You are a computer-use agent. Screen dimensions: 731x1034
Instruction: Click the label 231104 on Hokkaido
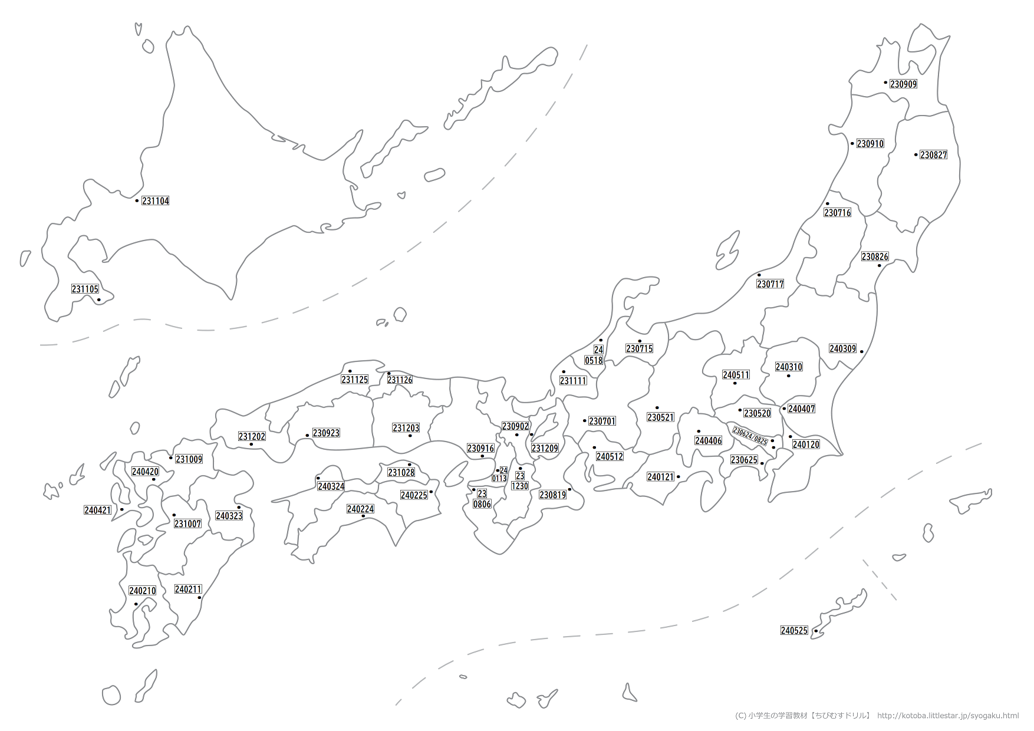click(x=156, y=201)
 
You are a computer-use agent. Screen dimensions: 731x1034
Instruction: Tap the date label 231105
click(x=85, y=289)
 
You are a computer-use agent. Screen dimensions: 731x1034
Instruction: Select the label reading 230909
click(x=903, y=84)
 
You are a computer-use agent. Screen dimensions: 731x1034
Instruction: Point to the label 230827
click(x=933, y=155)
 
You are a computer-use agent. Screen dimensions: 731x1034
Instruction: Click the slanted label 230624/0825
click(x=750, y=436)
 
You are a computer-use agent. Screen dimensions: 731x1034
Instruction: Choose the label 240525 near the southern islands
click(x=794, y=631)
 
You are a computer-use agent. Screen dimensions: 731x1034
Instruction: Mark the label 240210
click(x=143, y=591)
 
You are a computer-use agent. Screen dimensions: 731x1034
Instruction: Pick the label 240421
click(x=98, y=511)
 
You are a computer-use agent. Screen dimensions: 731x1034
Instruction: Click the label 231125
click(x=355, y=380)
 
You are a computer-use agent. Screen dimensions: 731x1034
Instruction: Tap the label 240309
click(x=842, y=349)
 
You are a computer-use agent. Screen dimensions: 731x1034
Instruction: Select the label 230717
click(x=770, y=284)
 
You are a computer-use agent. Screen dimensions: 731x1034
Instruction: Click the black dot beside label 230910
click(x=852, y=143)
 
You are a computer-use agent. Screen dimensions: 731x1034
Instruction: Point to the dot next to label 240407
click(x=784, y=409)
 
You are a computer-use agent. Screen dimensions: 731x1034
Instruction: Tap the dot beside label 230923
click(x=307, y=436)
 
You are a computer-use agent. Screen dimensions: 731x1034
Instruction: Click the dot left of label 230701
click(x=584, y=421)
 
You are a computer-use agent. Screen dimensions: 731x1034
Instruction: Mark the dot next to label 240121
click(x=679, y=477)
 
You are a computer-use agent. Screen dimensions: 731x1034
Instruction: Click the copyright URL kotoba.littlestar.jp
click(x=947, y=716)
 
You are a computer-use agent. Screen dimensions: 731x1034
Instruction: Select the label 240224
click(x=360, y=509)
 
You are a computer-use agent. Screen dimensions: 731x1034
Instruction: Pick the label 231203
click(x=406, y=428)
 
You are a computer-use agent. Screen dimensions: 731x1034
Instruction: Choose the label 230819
click(x=552, y=495)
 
